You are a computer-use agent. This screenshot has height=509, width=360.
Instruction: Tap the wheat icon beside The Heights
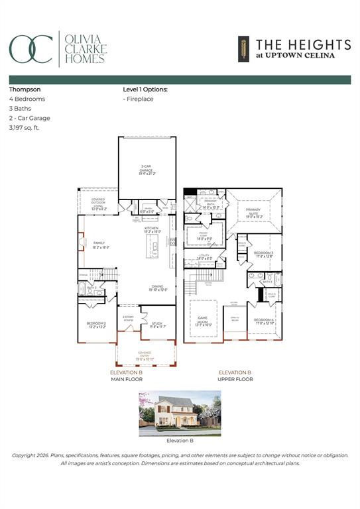pos(243,48)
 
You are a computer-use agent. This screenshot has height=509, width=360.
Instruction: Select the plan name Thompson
pos(24,88)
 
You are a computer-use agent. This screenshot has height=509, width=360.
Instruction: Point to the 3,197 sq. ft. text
pos(25,128)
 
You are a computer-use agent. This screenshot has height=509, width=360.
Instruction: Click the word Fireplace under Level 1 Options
pos(140,99)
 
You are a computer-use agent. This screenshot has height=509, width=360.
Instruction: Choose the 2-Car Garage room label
pos(147,171)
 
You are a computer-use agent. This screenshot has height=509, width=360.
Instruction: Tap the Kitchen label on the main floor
pos(152,230)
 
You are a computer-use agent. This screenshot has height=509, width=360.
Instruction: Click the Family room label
pos(99,245)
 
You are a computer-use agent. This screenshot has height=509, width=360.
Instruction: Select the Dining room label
pos(157,288)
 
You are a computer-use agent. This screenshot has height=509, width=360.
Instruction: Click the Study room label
pos(156,324)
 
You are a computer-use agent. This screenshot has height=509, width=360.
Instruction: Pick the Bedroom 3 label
pos(263,254)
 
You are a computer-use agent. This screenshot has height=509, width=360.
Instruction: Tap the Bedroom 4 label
pos(263,322)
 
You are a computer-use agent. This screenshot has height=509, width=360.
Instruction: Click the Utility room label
pos(204,257)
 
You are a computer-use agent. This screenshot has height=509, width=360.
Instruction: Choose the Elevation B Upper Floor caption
pos(235,376)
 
